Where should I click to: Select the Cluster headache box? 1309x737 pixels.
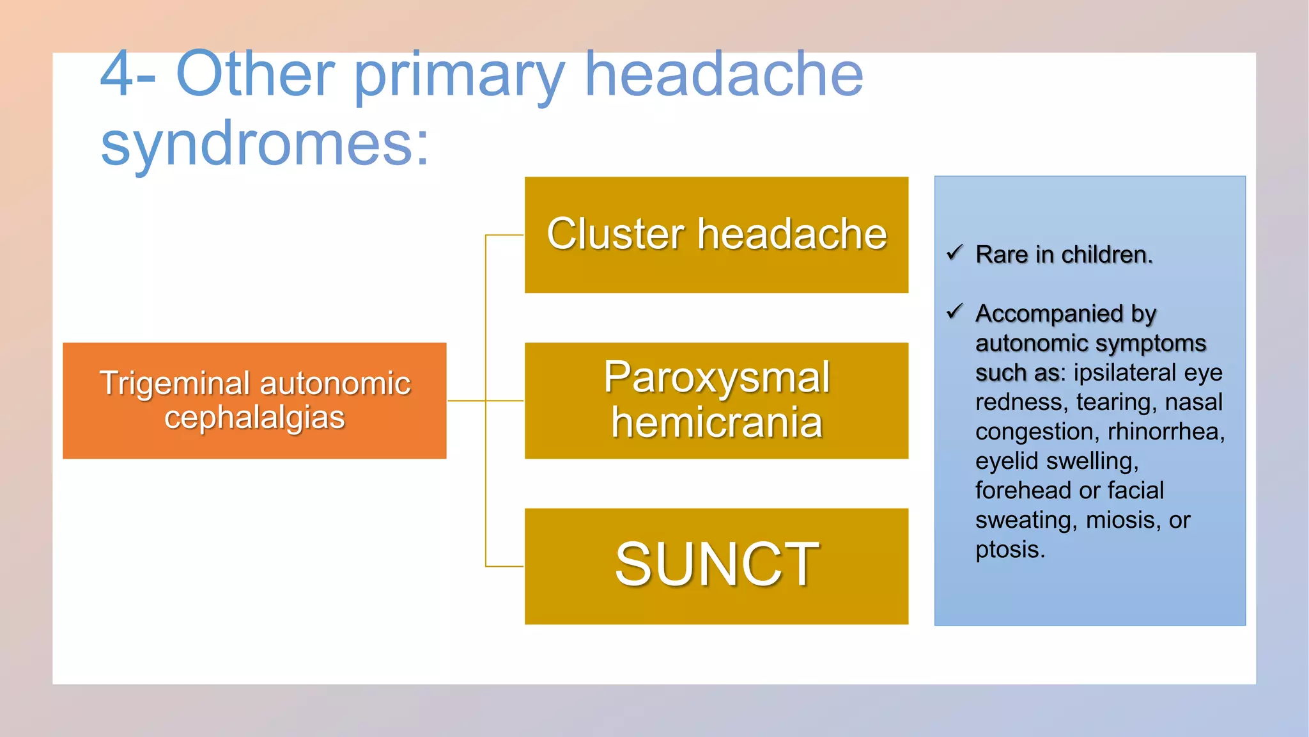click(716, 234)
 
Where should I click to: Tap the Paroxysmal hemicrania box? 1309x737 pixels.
click(716, 400)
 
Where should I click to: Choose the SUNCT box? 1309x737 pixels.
click(716, 566)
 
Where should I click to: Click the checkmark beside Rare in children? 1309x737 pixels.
click(954, 253)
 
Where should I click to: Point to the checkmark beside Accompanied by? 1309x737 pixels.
click(954, 312)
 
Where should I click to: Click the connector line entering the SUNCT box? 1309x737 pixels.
click(504, 566)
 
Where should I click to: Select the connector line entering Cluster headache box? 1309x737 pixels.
click(504, 235)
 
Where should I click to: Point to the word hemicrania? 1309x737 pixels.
click(716, 423)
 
